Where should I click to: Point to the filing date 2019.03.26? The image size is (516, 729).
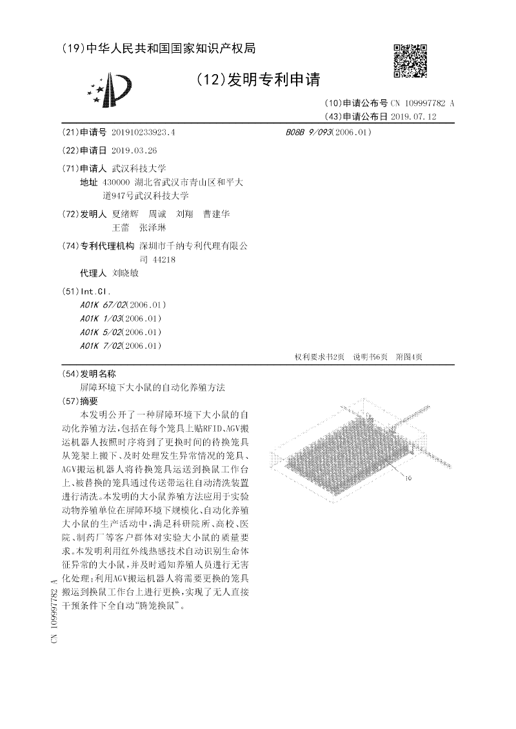[x=134, y=150]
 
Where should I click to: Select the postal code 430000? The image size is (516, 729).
[x=116, y=183]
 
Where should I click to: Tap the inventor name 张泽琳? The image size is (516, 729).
[x=154, y=228]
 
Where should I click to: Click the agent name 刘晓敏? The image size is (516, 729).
[x=125, y=273]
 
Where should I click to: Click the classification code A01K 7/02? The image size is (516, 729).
[x=99, y=345]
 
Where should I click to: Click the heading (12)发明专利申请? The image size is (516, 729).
[x=257, y=80]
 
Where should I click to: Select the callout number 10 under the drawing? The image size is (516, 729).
[x=408, y=479]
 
